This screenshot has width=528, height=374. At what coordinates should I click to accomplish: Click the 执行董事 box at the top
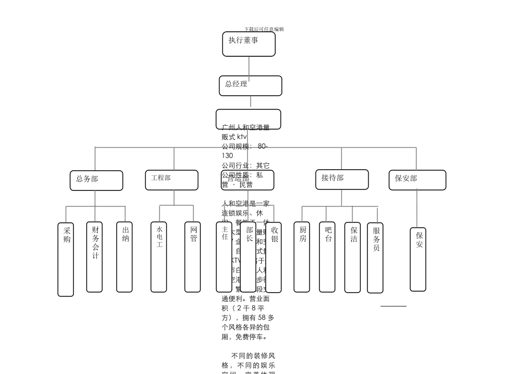click(248, 44)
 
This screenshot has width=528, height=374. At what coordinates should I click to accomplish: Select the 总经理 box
click(250, 86)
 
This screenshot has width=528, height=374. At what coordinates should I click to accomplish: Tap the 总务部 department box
click(96, 180)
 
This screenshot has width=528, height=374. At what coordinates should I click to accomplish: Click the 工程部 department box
click(171, 180)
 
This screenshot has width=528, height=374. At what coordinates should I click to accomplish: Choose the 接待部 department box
click(341, 179)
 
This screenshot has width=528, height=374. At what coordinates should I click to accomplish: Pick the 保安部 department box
click(417, 180)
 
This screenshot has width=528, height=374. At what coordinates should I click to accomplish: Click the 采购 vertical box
click(66, 259)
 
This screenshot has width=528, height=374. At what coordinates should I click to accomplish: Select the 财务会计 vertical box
click(94, 257)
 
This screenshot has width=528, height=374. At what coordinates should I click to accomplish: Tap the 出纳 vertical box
click(124, 257)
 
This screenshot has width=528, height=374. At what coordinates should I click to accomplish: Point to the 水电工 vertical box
click(158, 257)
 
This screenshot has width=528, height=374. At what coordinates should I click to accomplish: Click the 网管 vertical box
click(192, 257)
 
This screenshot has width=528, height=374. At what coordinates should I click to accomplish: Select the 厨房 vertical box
click(302, 257)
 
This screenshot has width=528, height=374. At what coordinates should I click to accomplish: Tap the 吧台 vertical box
click(327, 257)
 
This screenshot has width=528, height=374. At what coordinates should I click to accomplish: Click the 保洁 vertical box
click(352, 257)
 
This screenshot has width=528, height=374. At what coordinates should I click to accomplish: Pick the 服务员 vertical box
click(375, 258)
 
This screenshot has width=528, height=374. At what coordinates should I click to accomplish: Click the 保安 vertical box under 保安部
click(418, 259)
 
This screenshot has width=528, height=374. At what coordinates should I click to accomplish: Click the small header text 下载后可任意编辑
click(264, 29)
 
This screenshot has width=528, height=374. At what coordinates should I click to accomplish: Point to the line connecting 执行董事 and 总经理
click(249, 66)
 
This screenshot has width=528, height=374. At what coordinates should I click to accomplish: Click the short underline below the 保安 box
click(393, 306)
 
